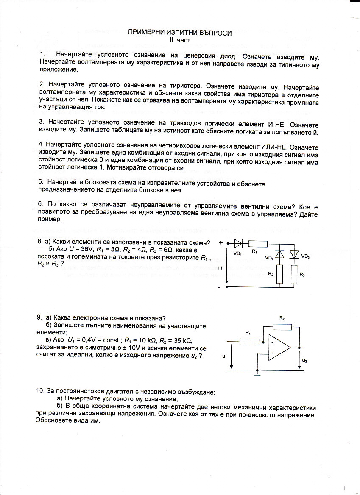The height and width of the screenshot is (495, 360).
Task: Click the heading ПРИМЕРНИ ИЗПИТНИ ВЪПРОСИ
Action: tap(180, 33)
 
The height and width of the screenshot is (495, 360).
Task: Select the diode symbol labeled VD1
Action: tap(238, 243)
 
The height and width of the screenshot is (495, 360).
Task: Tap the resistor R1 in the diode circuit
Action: tap(257, 243)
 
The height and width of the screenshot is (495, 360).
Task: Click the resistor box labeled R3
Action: tap(294, 274)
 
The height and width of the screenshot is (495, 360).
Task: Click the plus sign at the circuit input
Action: tap(221, 243)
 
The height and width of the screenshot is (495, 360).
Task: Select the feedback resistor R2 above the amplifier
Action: tap(282, 326)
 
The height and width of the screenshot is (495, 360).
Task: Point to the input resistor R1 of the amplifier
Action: tap(249, 342)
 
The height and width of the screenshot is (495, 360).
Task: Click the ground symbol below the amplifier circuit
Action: tap(257, 374)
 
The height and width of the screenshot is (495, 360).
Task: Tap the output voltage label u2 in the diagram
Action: tap(304, 360)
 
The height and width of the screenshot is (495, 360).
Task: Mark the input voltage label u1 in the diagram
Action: tap(224, 357)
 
